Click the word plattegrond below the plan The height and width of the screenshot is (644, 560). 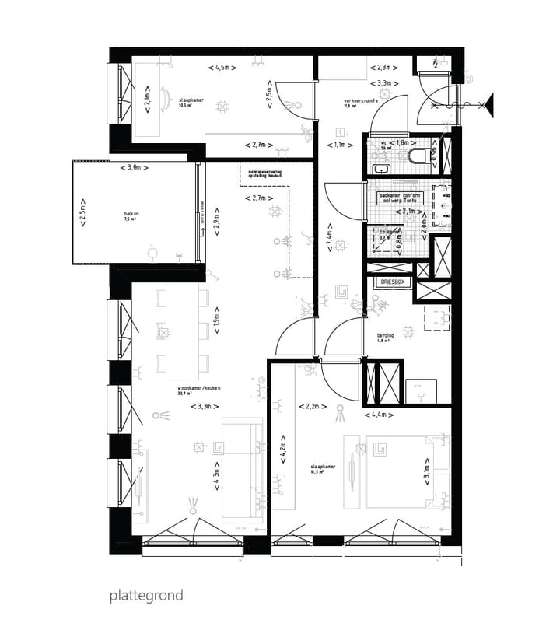tap(146, 596)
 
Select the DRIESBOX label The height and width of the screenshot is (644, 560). tap(391, 282)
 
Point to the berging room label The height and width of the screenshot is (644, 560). tap(386, 336)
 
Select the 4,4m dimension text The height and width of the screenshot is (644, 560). tap(381, 415)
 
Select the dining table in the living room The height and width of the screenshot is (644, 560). tap(184, 327)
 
